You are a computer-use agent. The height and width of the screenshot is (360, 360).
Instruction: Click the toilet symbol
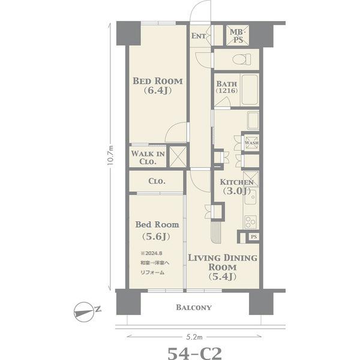242,59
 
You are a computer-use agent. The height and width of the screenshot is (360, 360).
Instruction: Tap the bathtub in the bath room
250,90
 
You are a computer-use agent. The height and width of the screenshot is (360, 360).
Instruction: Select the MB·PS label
237,36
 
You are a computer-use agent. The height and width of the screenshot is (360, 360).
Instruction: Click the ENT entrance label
199,36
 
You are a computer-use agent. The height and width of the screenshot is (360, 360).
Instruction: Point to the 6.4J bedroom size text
158,91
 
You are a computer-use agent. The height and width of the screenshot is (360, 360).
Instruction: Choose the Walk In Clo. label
148,157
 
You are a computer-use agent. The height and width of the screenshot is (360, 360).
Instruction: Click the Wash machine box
251,143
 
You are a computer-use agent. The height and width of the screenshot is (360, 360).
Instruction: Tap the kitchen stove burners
250,222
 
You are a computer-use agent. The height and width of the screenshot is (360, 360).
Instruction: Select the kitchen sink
250,197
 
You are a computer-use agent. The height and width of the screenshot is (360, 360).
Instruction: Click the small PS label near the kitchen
254,237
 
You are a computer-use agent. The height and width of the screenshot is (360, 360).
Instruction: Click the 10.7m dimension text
110,156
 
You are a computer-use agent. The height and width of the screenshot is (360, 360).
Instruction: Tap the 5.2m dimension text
194,337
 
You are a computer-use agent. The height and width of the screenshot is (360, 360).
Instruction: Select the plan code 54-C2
194,353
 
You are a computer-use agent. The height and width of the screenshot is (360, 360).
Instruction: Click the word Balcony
194,307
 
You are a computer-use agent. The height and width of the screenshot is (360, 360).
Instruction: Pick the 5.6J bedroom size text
156,236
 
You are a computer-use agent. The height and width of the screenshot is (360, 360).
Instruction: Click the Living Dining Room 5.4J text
223,268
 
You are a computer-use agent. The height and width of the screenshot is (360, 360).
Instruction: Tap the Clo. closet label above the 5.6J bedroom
157,181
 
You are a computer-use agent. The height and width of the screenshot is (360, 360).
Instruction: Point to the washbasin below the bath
253,121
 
